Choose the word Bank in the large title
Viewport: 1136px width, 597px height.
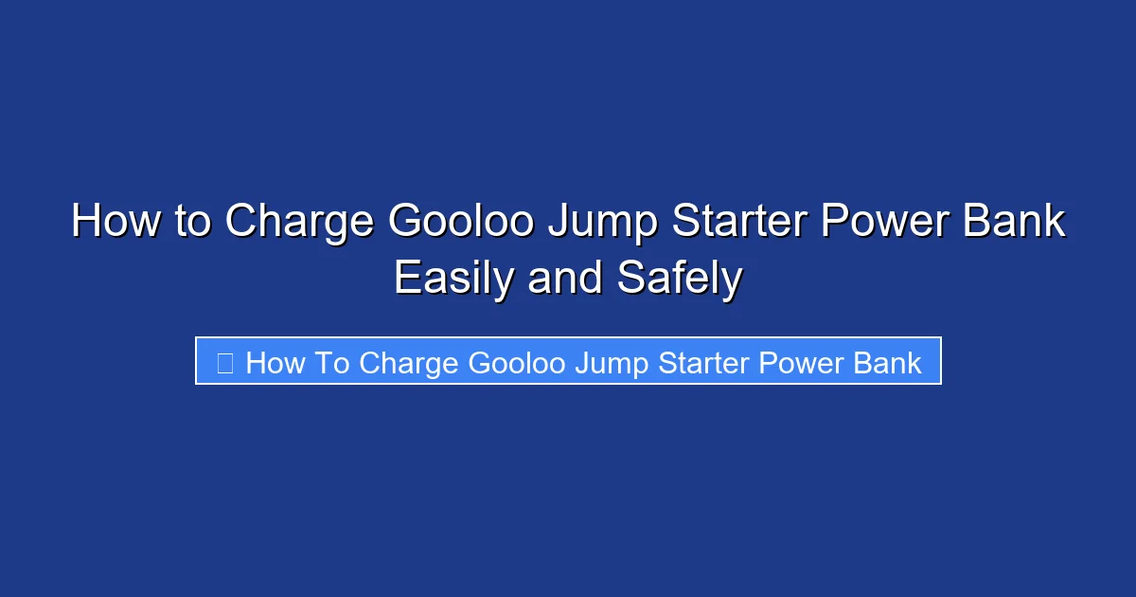(1018, 223)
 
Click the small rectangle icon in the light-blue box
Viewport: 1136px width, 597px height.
(225, 363)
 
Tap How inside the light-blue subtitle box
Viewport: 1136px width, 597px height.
(275, 363)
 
